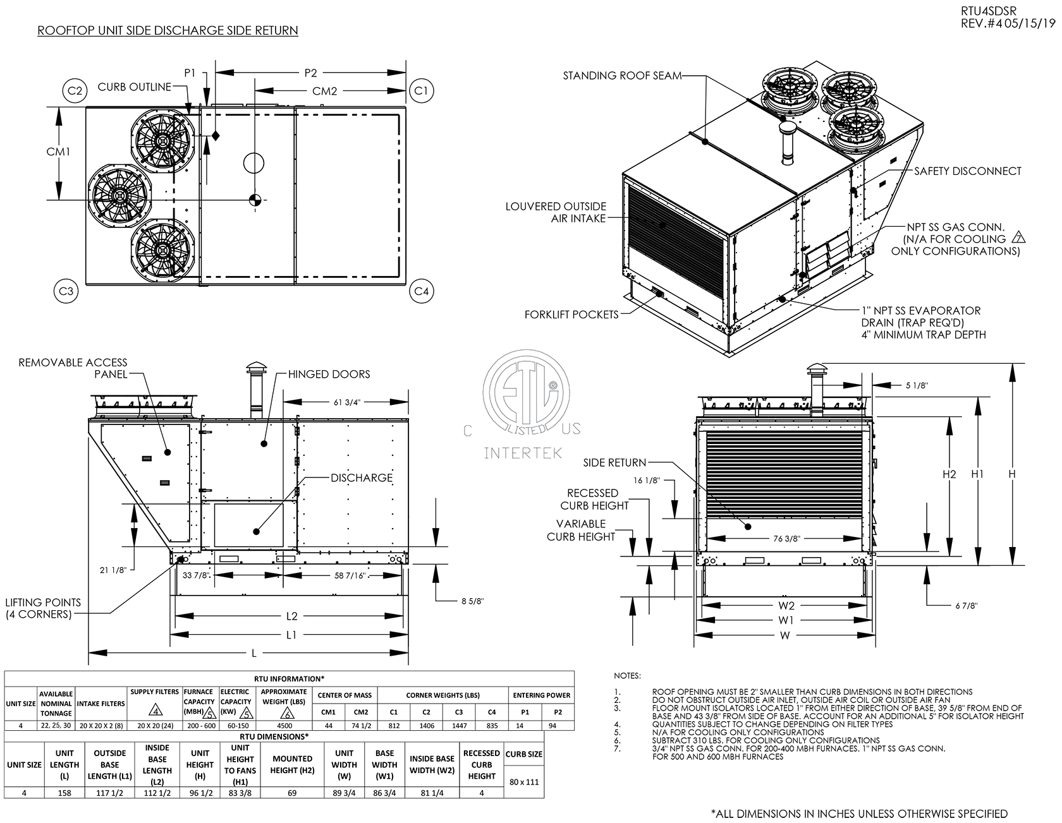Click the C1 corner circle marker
click(x=420, y=91)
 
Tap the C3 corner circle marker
click(x=65, y=291)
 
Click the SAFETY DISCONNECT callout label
click(x=968, y=171)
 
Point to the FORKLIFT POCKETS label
click(x=571, y=314)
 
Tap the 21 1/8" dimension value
click(x=114, y=570)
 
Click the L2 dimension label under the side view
click(x=291, y=616)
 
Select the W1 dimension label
click(x=786, y=620)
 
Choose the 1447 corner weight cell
click(x=459, y=726)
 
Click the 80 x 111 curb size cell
click(x=524, y=781)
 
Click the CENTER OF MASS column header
click(x=345, y=695)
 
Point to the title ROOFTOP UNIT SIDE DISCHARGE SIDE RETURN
click(x=168, y=30)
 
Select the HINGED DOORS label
click(x=329, y=374)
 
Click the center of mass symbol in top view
click(x=255, y=200)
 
